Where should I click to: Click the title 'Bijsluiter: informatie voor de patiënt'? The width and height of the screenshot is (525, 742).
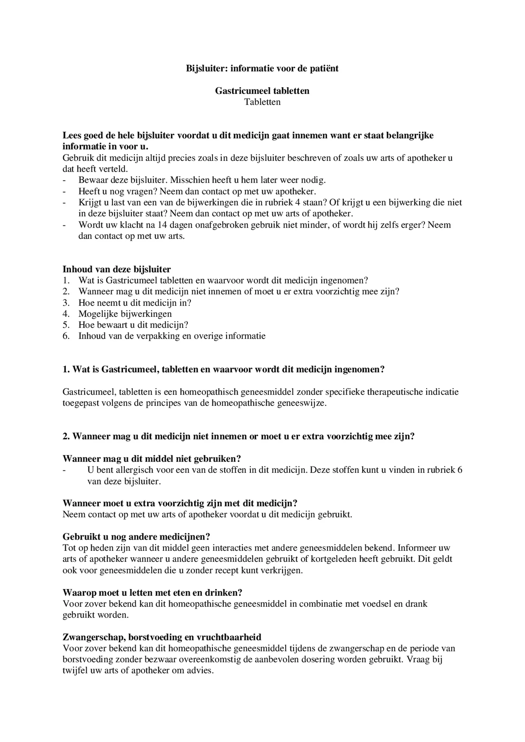point(262,68)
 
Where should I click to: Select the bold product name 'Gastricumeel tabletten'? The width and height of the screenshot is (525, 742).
point(262,91)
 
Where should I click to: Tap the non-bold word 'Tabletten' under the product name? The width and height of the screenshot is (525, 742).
point(262,102)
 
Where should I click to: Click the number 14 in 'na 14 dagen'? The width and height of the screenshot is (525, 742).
point(162,225)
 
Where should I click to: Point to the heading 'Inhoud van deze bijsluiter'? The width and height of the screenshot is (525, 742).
point(117,269)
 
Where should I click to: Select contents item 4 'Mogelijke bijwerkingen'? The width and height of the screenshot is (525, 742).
point(125,314)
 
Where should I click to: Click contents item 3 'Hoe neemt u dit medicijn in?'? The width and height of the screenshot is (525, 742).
point(135,302)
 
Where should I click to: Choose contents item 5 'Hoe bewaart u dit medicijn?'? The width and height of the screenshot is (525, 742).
point(133,325)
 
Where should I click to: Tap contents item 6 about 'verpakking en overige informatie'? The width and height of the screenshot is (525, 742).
point(172,336)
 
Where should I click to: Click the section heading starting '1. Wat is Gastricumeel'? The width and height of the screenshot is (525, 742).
point(223,370)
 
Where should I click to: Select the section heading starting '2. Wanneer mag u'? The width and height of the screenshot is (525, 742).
point(239,436)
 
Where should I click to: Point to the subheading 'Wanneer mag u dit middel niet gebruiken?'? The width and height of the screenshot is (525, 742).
point(151,459)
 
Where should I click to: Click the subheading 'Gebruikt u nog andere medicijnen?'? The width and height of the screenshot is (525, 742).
point(136,537)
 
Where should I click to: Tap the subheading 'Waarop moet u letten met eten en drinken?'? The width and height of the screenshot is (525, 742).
point(153,593)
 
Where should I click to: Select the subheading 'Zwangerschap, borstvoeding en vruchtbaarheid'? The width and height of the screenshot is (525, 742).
point(162,637)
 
